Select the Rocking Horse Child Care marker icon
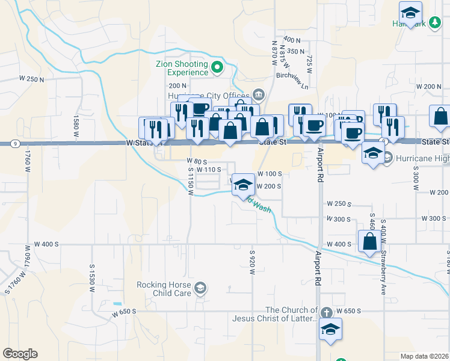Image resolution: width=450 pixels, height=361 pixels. point(200,289)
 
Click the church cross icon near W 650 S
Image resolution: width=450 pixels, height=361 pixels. point(326,312)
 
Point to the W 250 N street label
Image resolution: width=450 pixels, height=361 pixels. point(32,79)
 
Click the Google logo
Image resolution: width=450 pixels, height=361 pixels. point(20,354)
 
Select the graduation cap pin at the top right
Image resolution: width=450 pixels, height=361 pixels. point(410,13)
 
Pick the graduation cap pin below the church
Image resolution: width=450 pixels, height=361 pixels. point(330,329)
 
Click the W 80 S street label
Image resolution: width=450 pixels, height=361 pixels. point(197,162)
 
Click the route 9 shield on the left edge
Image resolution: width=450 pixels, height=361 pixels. point(14,143)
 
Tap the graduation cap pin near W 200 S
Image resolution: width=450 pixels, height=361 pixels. point(242,185)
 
